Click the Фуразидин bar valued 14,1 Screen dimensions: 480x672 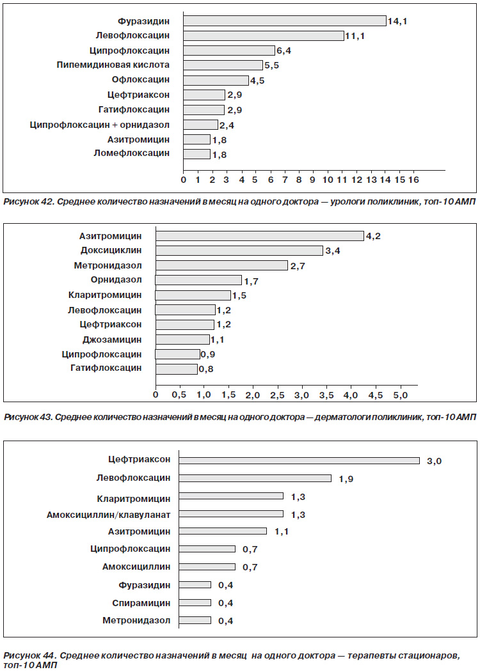coord(285,20)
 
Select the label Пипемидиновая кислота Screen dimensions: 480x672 coord(113,65)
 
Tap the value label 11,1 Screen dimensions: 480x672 coord(355,36)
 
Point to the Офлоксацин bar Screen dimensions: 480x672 coord(216,80)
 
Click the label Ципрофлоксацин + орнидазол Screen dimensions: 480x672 coord(99,125)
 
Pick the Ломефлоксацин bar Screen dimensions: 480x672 coord(197,154)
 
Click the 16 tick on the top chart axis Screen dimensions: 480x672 coord(413,180)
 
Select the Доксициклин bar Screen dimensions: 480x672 coord(239,250)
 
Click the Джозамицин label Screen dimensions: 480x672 coord(112,340)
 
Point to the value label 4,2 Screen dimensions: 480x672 coord(372,236)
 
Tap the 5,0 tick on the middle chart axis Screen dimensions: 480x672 coord(400,395)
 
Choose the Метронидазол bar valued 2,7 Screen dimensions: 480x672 coord(222,265)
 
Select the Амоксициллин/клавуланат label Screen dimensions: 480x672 coord(109,515)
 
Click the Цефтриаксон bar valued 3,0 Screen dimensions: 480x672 coord(300,460)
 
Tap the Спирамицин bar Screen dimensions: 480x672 coord(195,602)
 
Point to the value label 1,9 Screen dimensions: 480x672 coord(346,479)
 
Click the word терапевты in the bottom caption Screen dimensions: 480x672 coord(371,656)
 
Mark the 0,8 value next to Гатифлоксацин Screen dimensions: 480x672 coord(206,369)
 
